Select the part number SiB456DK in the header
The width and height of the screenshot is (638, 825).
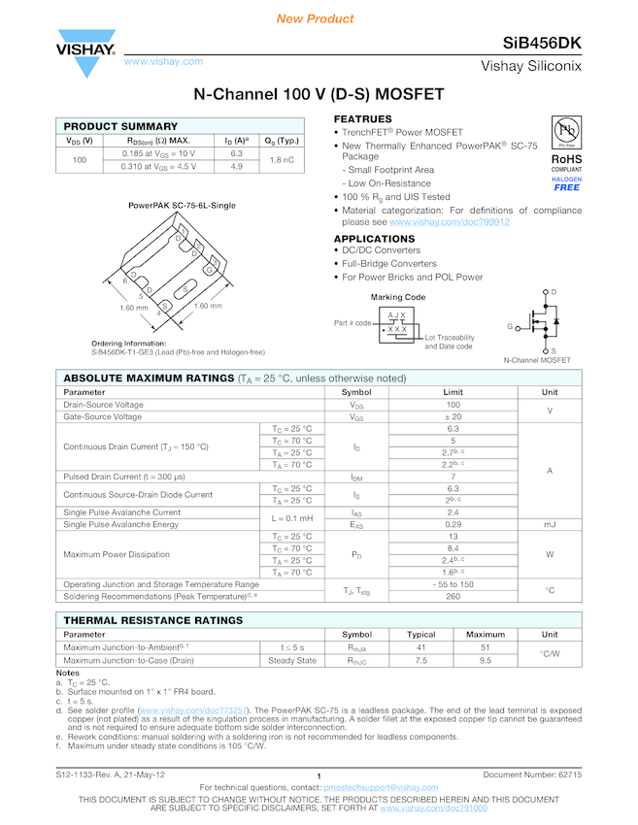tap(542, 44)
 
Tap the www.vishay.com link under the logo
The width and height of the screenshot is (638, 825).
tap(163, 62)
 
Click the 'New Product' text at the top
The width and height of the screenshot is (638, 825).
tap(315, 18)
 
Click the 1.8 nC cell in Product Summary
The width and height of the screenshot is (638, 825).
tap(282, 159)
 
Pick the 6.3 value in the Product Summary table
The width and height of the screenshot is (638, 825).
tap(236, 153)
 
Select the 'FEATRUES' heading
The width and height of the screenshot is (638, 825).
tap(362, 119)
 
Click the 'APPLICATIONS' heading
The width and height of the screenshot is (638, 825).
tap(374, 239)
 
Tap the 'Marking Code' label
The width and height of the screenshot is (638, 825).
tap(398, 297)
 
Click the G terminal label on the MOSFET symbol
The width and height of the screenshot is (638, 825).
tap(509, 327)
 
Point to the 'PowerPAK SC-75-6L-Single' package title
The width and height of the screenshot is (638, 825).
tap(182, 206)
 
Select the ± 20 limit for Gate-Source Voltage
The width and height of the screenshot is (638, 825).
tap(453, 416)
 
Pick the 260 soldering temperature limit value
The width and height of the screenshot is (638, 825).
tap(453, 597)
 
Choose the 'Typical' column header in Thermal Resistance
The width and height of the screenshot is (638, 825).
tap(420, 635)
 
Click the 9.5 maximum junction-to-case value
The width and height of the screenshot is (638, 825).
tap(486, 661)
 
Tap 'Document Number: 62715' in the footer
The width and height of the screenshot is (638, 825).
tap(532, 775)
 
